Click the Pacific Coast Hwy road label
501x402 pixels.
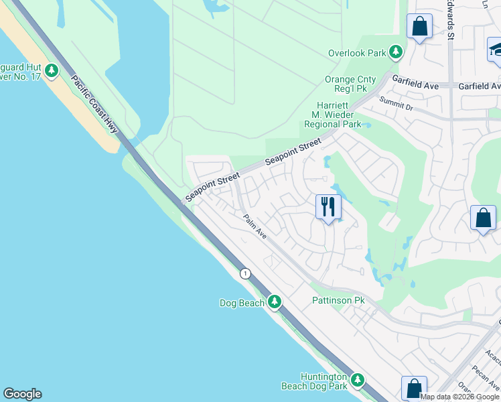[x=94, y=105]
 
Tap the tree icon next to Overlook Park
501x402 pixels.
[x=397, y=52]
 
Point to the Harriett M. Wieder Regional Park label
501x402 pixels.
[x=332, y=115]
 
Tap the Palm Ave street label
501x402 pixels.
[x=255, y=227]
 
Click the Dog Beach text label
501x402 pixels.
[x=242, y=303]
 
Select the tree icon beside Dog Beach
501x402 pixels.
[x=274, y=302]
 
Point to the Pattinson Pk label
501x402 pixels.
[x=338, y=301]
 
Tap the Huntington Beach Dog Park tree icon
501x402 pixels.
[x=358, y=381]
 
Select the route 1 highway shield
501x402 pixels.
[x=245, y=273]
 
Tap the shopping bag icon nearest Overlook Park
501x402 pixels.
[x=420, y=27]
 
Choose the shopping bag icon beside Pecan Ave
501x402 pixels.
[x=414, y=388]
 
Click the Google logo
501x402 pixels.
[x=22, y=394]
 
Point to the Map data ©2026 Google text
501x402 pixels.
[x=460, y=397]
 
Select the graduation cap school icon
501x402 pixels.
[x=496, y=49]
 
